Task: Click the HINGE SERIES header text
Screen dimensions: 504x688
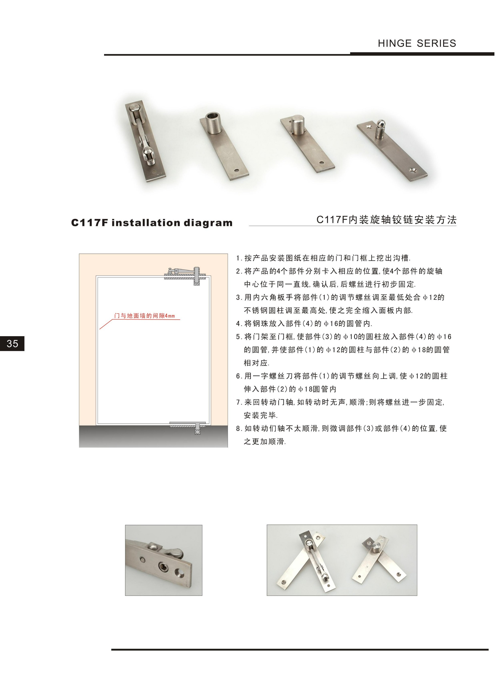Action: coord(417,43)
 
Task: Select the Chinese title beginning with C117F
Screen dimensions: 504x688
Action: coord(386,220)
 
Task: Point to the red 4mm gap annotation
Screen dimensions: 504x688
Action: coord(145,316)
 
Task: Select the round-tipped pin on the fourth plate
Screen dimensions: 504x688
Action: coord(380,128)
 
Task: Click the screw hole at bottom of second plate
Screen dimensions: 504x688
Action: coord(237,170)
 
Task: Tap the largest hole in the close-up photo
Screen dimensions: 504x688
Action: coord(179,573)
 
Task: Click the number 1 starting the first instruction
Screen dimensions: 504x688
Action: coord(238,258)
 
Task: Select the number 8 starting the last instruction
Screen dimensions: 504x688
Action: coord(238,428)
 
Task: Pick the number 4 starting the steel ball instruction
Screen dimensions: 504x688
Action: coord(238,324)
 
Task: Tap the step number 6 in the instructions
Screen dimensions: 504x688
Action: coord(238,376)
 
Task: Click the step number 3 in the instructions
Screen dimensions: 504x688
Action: coord(238,297)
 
